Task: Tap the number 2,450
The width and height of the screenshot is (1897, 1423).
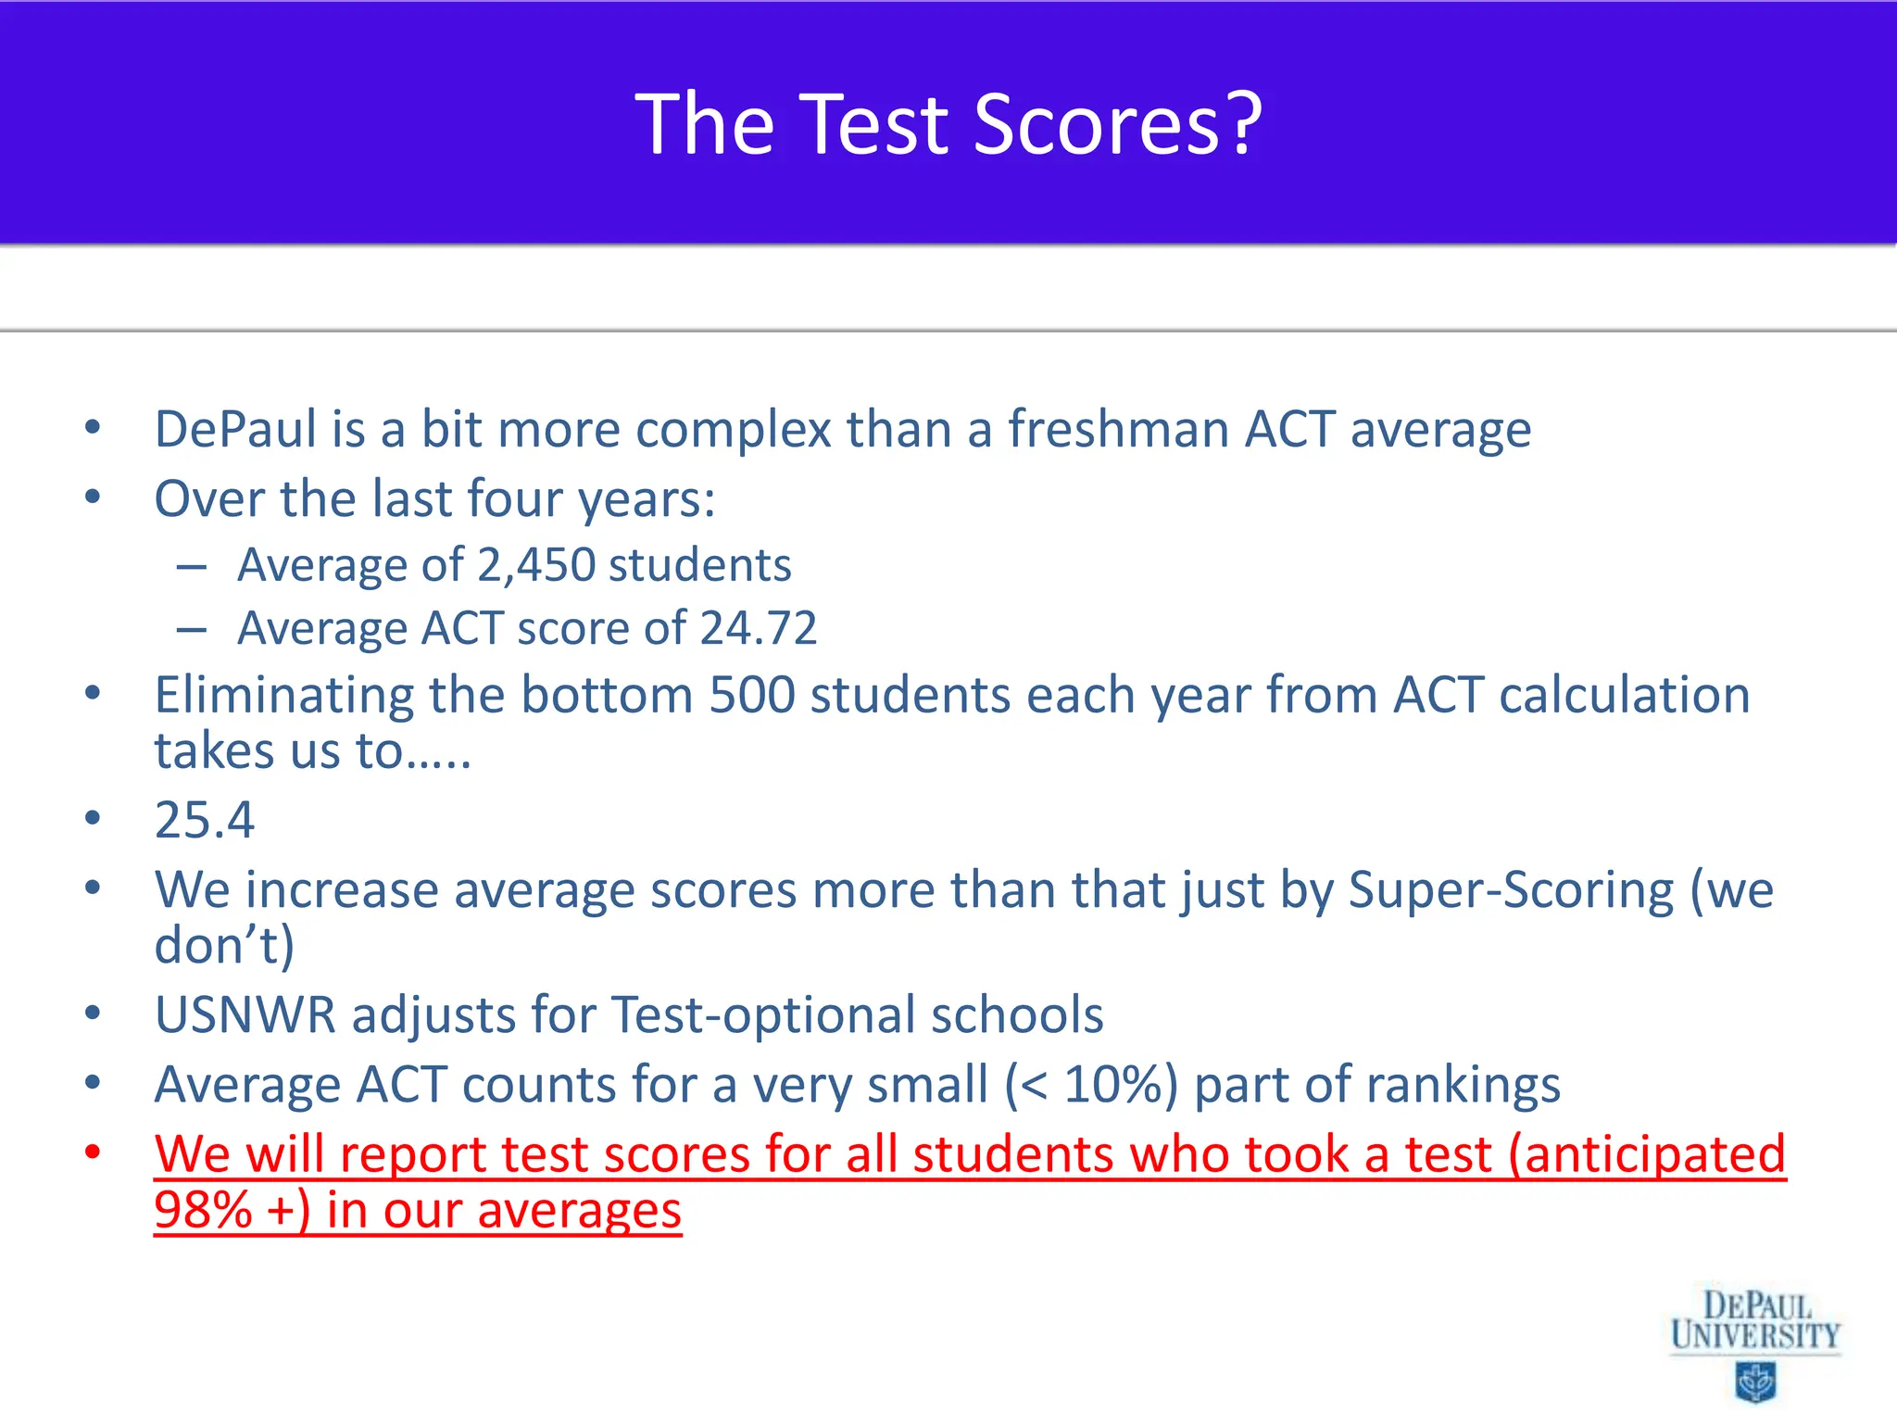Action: tap(536, 565)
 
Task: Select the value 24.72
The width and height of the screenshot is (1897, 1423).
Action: tap(759, 628)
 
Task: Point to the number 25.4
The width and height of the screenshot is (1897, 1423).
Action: tap(204, 820)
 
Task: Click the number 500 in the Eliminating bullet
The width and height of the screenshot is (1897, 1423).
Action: tap(751, 695)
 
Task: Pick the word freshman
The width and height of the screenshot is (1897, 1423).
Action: tap(1117, 430)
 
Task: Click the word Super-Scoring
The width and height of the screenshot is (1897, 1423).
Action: tap(1511, 890)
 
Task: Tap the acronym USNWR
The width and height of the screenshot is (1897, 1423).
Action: tap(245, 1015)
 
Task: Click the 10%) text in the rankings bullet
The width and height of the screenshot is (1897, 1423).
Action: tap(1121, 1085)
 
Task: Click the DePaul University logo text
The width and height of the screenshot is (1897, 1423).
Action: tap(1754, 1320)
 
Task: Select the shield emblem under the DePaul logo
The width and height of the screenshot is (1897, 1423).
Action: tap(1754, 1381)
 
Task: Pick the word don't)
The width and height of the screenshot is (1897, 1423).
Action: tap(224, 946)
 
